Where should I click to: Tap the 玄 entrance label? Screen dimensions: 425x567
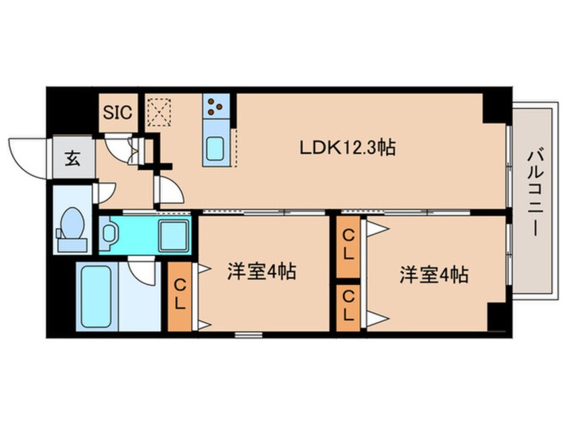tap(69, 159)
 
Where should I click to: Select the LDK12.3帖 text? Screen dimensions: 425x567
tap(346, 147)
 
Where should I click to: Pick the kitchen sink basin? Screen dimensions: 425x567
tap(216, 147)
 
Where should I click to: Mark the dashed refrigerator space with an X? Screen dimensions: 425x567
tap(159, 112)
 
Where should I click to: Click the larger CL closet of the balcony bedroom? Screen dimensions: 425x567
tap(349, 247)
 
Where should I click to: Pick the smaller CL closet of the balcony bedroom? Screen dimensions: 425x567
tap(349, 308)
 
